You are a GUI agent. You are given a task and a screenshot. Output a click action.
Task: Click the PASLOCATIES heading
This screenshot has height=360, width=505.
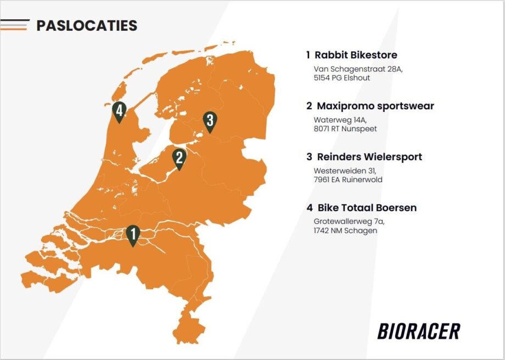coord(87,25)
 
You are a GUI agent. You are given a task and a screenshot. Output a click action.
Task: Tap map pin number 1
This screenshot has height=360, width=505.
coord(133,235)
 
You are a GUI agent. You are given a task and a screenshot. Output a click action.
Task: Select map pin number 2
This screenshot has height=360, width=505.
coord(179,159)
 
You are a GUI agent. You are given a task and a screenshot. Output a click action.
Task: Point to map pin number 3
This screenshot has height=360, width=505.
coord(210,121)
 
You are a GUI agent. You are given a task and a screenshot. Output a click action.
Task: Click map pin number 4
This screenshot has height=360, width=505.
coord(119,111)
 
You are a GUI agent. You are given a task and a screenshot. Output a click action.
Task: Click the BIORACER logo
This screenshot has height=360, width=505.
coord(419,331)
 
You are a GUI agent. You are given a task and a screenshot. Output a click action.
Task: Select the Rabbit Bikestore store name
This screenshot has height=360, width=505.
coord(356,55)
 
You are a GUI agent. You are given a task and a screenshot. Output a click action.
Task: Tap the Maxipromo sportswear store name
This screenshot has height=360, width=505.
coord(375,105)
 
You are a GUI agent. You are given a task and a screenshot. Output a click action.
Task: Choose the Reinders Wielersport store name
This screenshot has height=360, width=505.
coord(369,156)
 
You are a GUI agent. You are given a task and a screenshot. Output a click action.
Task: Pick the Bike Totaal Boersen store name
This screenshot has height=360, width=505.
coord(367,207)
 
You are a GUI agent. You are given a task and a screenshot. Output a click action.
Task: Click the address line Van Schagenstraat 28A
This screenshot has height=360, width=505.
coord(358,69)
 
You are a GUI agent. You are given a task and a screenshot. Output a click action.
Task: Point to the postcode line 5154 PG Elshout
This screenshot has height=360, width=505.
coord(342,78)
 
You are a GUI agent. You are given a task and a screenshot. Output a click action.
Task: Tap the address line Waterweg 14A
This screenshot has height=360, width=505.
coord(340,120)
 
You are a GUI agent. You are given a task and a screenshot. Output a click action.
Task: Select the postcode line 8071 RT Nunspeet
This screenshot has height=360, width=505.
coord(345,129)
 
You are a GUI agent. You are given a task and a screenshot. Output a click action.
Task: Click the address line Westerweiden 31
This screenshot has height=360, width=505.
coord(345,171)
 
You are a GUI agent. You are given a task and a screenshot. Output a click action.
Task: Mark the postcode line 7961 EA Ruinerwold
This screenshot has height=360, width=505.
coord(348,179)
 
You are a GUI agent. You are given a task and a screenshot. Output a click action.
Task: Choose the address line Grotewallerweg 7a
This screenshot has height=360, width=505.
coord(349,222)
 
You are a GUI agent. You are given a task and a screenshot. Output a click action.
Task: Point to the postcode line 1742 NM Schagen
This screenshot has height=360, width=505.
coord(345,230)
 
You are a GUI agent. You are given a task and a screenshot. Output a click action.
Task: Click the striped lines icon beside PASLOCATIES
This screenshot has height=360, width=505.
coord(15,25)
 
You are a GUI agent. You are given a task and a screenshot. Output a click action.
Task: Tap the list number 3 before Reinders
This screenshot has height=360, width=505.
coord(309,157)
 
